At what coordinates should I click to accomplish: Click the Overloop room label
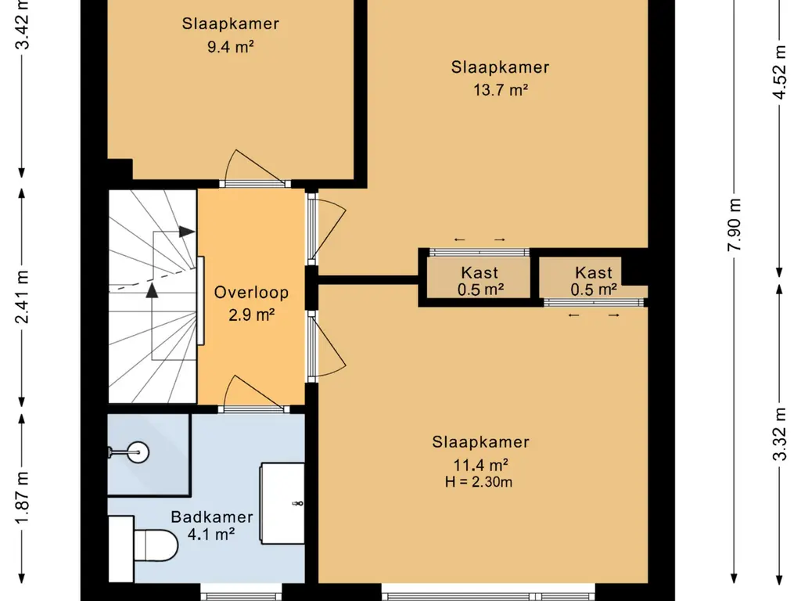[x=251, y=293]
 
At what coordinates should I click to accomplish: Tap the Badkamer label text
[x=211, y=516]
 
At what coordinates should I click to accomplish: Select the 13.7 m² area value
[x=500, y=90]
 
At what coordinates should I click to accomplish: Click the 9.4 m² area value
[x=231, y=46]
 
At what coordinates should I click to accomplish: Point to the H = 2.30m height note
[x=478, y=482]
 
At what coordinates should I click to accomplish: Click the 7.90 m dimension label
[x=734, y=225]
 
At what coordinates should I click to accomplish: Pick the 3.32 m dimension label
[x=780, y=434]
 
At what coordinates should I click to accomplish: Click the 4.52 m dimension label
[x=780, y=72]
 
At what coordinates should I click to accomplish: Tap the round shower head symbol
[x=138, y=452]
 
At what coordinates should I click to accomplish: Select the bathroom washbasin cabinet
[x=282, y=503]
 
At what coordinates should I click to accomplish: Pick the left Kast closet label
[x=480, y=272]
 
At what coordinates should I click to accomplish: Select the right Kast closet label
[x=593, y=272]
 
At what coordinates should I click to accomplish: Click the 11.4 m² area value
[x=481, y=465]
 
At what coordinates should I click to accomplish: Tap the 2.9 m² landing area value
[x=251, y=315]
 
